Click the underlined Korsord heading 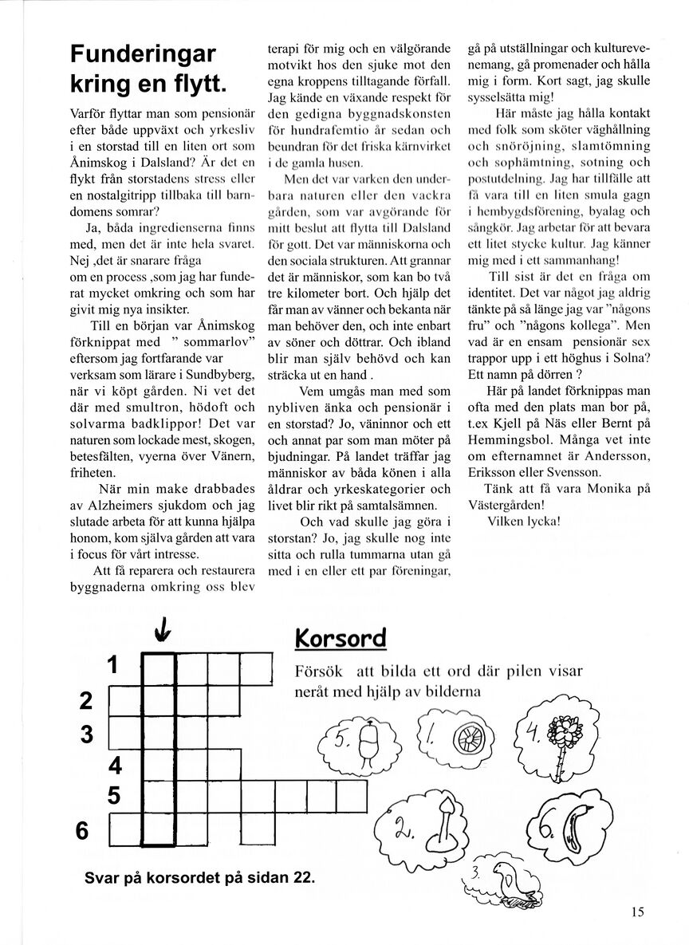pyautogui.click(x=341, y=638)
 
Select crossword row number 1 pyautogui.click(x=113, y=663)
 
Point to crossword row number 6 pyautogui.click(x=82, y=830)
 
